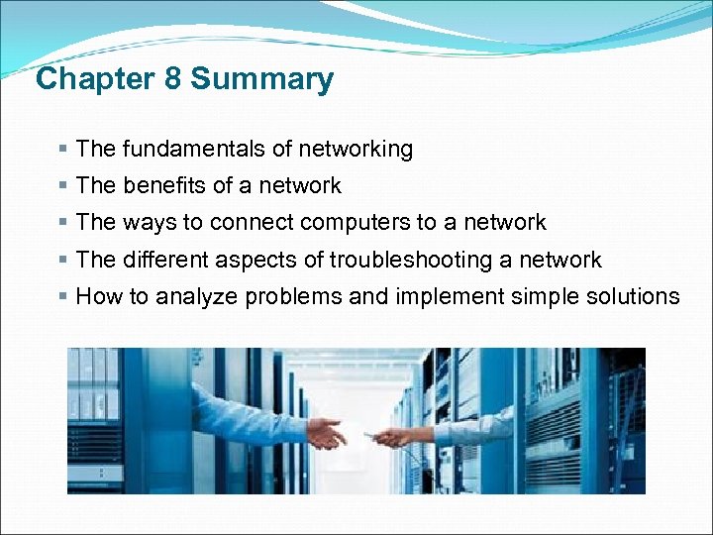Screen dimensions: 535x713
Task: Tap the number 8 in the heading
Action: pos(173,79)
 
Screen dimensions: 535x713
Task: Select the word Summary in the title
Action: pos(262,79)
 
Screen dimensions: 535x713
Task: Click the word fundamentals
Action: pos(188,150)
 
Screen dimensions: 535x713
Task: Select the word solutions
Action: pos(629,296)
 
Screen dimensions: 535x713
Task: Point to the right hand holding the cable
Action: pos(394,436)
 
